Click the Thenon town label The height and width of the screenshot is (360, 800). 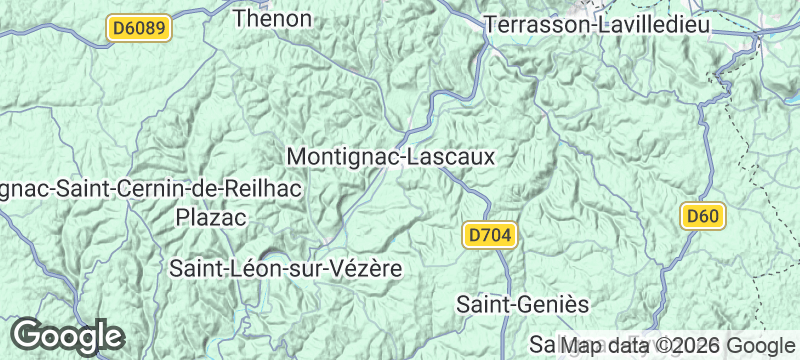272,18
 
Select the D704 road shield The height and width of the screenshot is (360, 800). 490,235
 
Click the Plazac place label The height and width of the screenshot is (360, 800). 211,216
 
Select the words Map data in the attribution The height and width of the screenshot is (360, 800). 605,345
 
